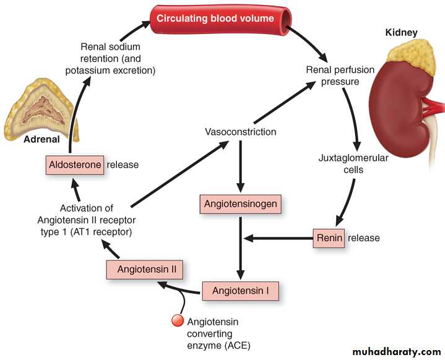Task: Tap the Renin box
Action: (329, 238)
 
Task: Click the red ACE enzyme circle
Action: (177, 322)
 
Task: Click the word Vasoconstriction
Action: (241, 132)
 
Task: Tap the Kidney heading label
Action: (402, 32)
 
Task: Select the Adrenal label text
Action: (41, 139)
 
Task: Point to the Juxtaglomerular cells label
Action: (353, 163)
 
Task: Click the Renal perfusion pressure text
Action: (340, 75)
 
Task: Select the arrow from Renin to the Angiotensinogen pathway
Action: (279, 238)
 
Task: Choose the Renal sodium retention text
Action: (110, 59)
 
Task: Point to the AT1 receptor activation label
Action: (86, 220)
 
